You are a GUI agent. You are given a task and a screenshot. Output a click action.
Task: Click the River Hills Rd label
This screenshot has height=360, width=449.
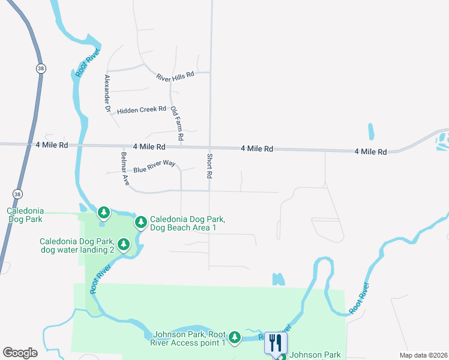(x=175, y=76)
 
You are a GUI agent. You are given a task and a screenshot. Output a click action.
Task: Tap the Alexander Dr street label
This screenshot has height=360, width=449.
(x=108, y=94)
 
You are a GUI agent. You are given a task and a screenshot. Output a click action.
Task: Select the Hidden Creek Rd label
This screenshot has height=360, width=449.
(x=142, y=110)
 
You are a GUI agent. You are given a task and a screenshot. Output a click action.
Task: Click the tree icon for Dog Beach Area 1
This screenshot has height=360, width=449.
(x=141, y=223)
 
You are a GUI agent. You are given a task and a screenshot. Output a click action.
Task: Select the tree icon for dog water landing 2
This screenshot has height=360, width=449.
(x=124, y=244)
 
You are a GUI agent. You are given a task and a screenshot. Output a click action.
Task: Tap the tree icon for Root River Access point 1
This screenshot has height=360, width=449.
(x=235, y=337)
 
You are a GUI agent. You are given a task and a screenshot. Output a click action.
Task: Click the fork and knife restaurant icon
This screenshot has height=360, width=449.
(x=276, y=343)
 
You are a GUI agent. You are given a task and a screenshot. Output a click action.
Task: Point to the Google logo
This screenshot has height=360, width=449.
(x=20, y=353)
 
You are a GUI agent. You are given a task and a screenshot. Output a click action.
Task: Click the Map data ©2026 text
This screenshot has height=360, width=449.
(x=423, y=355)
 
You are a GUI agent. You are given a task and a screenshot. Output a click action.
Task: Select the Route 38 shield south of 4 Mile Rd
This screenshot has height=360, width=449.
(x=17, y=194)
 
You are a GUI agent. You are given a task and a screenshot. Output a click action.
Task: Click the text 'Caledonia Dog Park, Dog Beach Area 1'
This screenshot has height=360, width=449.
(x=191, y=223)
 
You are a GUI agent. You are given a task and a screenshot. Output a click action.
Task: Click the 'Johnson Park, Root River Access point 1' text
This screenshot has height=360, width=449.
(x=189, y=338)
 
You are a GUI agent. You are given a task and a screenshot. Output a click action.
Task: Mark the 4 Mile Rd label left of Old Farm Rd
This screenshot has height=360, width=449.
(x=149, y=146)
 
